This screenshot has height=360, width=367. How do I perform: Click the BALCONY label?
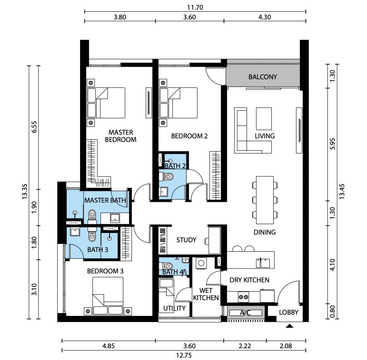[263, 77]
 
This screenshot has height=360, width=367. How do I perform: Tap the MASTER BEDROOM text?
[120, 136]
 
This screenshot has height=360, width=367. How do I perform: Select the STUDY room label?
[186, 240]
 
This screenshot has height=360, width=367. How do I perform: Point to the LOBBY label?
[289, 312]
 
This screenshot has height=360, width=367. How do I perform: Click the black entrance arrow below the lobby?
[289, 326]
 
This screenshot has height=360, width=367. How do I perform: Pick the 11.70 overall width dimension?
[195, 8]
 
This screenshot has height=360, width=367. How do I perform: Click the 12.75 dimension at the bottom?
[184, 355]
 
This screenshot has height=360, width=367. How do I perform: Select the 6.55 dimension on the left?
[34, 127]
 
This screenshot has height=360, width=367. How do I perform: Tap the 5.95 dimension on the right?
[333, 144]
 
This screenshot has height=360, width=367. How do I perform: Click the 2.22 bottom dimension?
[245, 346]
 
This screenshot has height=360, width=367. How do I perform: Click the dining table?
[265, 200]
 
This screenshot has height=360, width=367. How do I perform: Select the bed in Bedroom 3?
[108, 296]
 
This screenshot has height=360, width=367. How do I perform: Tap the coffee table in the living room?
[264, 119]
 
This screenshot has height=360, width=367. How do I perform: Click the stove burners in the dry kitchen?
[243, 297]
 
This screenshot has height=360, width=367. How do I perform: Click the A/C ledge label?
[245, 313]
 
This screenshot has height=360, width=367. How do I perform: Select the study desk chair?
[207, 241]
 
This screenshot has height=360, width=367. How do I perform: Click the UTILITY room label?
[174, 308]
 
